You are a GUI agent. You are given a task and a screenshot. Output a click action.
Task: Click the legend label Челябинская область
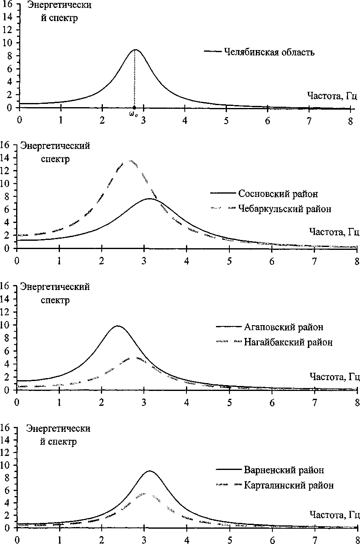[269, 52]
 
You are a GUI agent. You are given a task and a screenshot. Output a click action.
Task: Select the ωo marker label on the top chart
[134, 114]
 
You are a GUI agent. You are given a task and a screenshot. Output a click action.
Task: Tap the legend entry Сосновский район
[278, 194]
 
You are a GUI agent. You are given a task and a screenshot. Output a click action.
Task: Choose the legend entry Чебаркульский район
[284, 209]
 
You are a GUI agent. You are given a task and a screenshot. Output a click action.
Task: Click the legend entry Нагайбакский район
[288, 342]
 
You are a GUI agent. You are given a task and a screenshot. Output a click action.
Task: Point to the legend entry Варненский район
[284, 470]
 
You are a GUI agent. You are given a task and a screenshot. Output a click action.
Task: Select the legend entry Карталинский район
[288, 485]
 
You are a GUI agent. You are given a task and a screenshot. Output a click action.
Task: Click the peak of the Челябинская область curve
[135, 50]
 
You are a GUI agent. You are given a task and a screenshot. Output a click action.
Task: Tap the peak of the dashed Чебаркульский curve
[131, 161]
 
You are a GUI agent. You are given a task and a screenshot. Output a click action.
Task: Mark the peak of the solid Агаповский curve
[118, 326]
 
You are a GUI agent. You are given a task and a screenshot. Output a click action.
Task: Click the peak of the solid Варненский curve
[149, 471]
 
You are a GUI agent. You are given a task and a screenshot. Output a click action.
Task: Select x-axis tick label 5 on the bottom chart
[229, 539]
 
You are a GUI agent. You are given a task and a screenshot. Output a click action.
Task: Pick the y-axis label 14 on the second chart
[7, 158]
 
